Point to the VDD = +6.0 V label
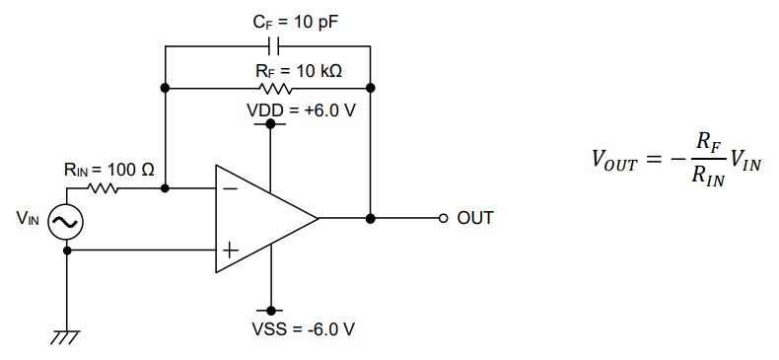[301, 108]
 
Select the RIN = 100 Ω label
[108, 170]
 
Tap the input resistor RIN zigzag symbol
[104, 187]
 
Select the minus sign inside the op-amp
[229, 187]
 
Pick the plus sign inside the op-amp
[229, 251]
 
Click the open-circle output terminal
[444, 218]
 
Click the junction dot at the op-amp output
[370, 218]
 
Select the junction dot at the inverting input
[165, 187]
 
